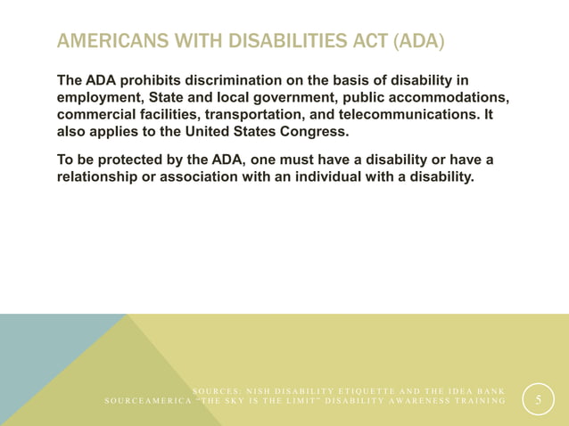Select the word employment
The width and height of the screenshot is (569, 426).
(97, 99)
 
